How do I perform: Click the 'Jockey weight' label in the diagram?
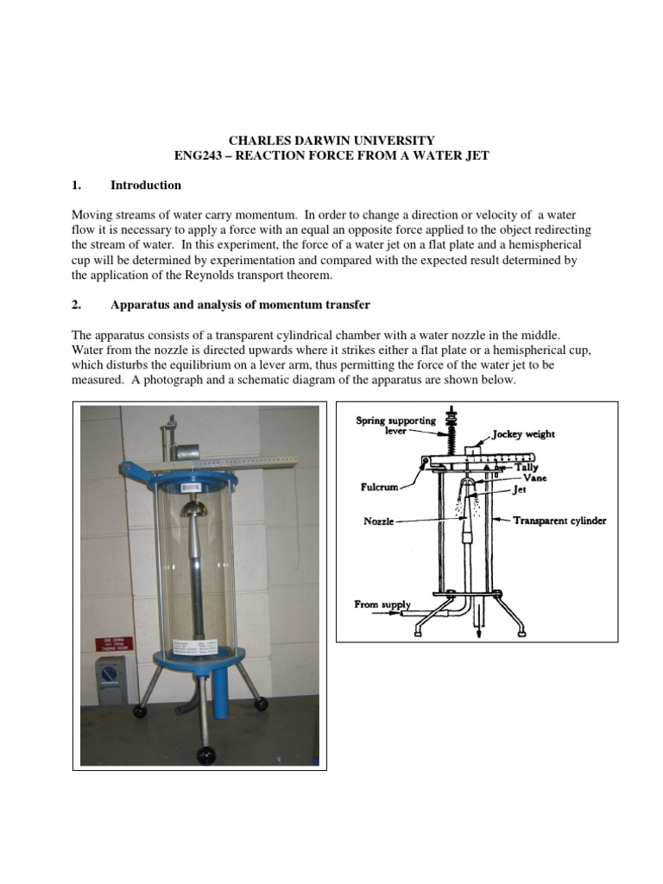pos(523,434)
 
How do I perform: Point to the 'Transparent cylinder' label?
pos(559,521)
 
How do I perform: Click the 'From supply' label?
pos(382,605)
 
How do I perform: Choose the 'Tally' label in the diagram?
pos(527,466)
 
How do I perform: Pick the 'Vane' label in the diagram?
pos(534,477)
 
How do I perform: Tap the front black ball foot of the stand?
pos(207,755)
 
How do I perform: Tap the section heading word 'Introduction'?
pos(146,185)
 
